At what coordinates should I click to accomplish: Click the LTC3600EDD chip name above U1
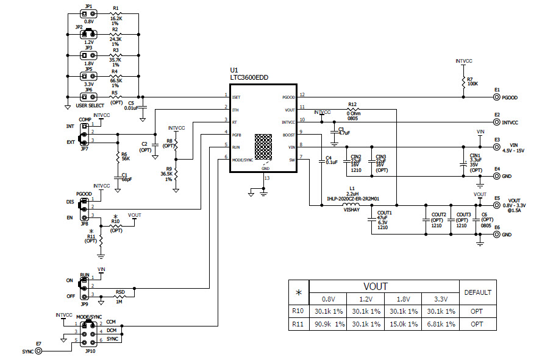pos(249,78)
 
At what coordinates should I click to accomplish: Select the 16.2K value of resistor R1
pos(116,19)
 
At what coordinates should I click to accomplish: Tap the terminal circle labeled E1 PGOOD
pos(497,97)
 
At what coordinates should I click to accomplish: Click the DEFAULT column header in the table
pos(477,292)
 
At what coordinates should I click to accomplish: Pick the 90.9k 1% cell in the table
pos(328,324)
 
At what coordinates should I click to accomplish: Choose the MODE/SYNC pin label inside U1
pos(243,160)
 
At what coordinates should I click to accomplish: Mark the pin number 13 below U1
pos(266,178)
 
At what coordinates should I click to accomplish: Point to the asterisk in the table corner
pos(298,293)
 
